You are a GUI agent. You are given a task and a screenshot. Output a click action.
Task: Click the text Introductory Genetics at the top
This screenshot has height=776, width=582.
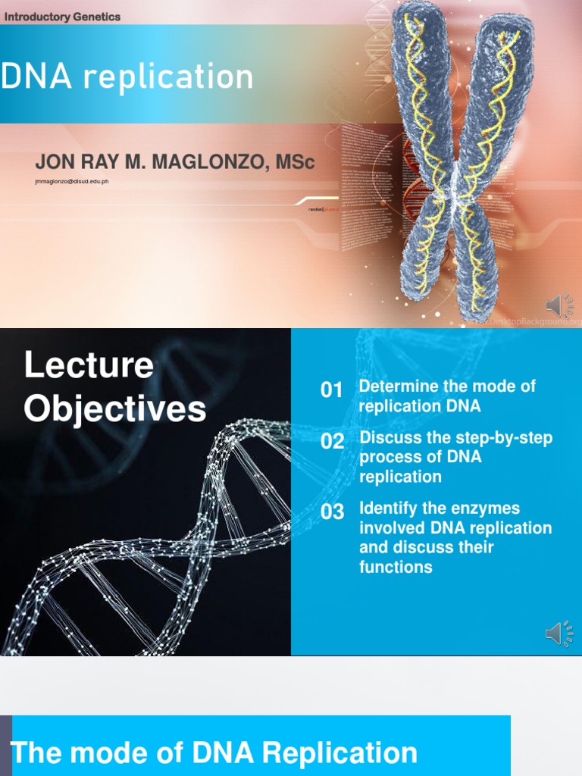pos(62,17)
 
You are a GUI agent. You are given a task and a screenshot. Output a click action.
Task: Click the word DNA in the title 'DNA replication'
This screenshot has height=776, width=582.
pos(33,77)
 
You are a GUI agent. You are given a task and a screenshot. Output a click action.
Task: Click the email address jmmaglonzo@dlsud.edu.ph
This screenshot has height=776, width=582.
pos(72,182)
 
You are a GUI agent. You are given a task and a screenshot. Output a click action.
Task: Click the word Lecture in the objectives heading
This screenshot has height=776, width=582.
pos(89,365)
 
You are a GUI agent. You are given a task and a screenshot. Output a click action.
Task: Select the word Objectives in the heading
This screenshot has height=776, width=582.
pos(114,408)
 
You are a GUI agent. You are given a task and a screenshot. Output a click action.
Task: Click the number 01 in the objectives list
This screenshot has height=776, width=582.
pos(332,390)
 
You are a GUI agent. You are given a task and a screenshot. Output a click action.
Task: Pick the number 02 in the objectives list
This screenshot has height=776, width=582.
pos(332,442)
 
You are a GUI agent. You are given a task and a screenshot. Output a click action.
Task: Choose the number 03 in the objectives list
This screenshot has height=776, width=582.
pos(332,512)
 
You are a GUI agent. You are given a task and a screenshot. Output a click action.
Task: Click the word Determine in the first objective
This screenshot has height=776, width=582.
pos(399,386)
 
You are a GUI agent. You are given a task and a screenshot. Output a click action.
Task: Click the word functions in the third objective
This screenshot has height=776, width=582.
pos(396,567)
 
